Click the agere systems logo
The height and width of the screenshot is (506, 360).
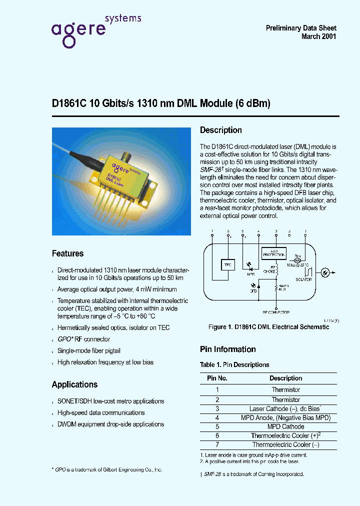click(x=95, y=30)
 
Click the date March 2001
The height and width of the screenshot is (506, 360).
click(x=319, y=37)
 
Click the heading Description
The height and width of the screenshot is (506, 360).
click(x=220, y=130)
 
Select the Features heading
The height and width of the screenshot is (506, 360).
click(x=67, y=253)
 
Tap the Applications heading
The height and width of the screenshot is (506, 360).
click(x=74, y=384)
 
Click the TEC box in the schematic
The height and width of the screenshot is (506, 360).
click(x=227, y=264)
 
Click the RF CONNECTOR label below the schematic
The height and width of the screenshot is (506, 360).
click(x=276, y=312)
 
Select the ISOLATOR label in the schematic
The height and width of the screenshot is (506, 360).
click(x=303, y=279)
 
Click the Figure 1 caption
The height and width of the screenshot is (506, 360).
click(x=268, y=327)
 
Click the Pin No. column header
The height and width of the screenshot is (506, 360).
click(x=217, y=378)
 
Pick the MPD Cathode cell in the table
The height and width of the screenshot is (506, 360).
click(x=285, y=427)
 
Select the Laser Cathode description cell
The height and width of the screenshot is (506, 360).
click(x=285, y=409)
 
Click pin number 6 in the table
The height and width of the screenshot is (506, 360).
click(x=217, y=436)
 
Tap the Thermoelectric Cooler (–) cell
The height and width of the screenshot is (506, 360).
click(x=285, y=445)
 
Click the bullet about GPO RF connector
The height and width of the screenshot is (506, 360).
click(x=83, y=339)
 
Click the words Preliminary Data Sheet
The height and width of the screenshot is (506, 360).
click(x=301, y=28)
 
